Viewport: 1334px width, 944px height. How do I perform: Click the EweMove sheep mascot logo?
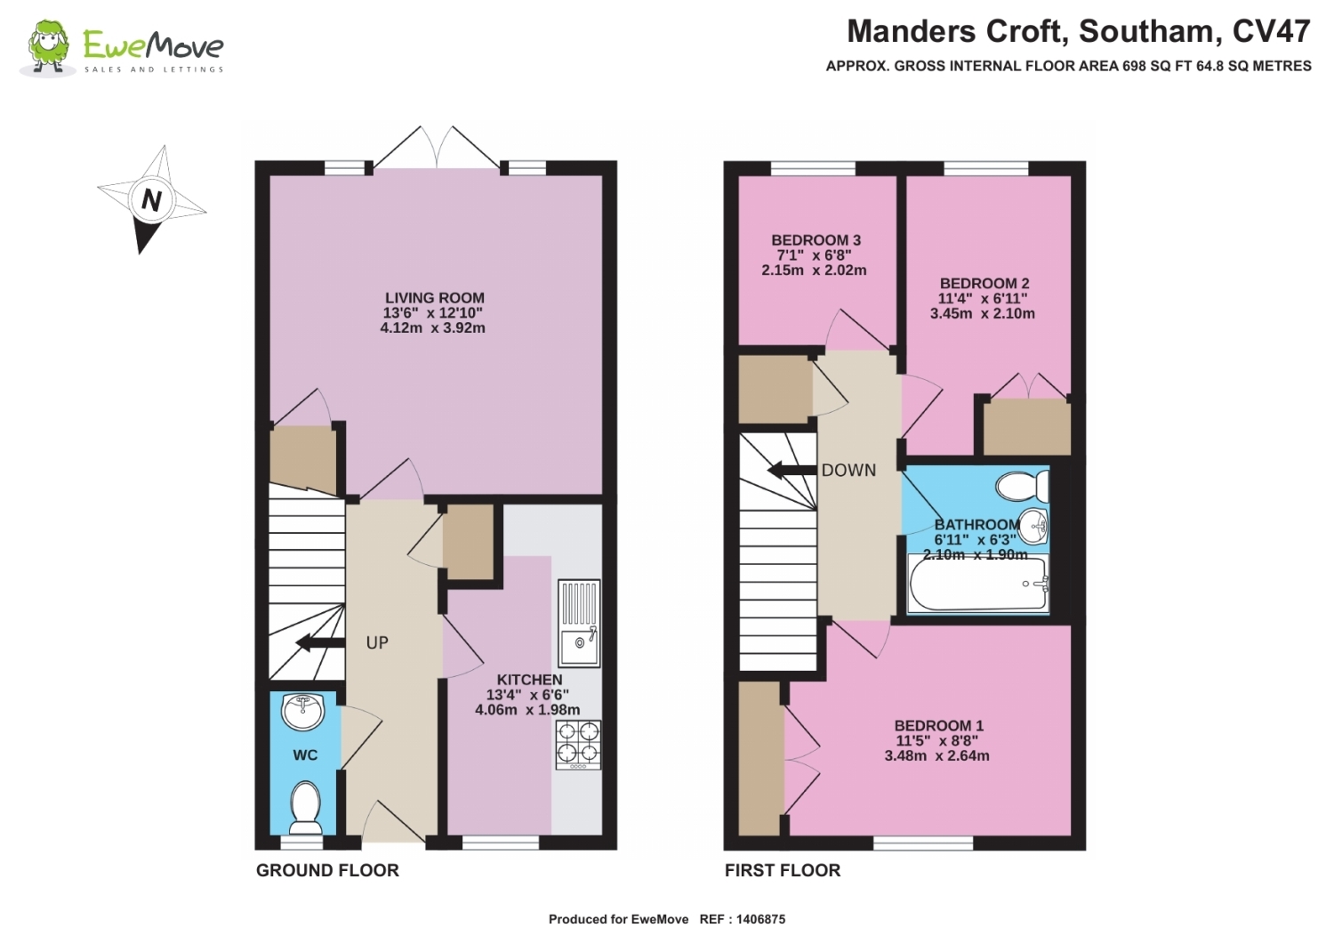point(48,48)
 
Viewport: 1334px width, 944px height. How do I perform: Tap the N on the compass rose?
point(151,199)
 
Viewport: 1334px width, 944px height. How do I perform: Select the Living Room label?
point(435,298)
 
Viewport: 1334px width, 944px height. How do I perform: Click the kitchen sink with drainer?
point(579,624)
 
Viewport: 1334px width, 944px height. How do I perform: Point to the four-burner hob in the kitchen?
point(578,745)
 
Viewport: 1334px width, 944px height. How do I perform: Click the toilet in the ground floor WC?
point(305,808)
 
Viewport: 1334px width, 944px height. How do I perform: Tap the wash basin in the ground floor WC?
point(302,711)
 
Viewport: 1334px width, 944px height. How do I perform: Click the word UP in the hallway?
point(377,642)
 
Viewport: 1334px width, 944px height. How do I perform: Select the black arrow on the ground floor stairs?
point(320,642)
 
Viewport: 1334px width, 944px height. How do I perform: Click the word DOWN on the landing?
point(848,470)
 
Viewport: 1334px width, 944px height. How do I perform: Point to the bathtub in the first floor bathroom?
point(978,584)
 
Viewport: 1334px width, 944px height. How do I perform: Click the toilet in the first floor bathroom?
point(1022,487)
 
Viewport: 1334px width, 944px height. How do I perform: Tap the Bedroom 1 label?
point(938,726)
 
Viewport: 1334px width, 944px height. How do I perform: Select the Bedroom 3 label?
point(816,240)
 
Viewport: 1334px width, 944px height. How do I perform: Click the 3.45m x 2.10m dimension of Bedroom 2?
point(983,313)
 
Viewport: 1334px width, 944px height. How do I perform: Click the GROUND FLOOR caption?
point(327,871)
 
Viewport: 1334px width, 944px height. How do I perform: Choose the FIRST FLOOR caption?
point(783,871)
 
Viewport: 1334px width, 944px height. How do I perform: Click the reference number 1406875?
point(760,920)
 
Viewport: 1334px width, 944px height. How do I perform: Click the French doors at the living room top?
point(438,148)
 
